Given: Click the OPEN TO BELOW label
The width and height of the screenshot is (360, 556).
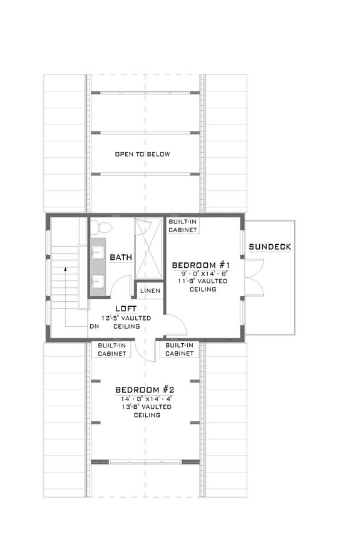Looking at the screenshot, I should pos(142,154).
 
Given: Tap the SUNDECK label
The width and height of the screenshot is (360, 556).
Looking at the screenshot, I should pos(270,247).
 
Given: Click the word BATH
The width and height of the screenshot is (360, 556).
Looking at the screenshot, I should pos(120,257).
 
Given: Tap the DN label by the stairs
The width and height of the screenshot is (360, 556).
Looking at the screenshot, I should pos(95,326).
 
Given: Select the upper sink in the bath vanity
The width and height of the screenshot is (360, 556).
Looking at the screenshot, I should pos(98,252).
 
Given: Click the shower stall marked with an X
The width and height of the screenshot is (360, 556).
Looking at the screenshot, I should pos(149,249).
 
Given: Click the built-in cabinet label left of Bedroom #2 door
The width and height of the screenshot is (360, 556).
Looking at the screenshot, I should pos(113,349).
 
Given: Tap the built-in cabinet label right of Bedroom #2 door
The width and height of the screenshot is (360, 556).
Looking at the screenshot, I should pos(180,349).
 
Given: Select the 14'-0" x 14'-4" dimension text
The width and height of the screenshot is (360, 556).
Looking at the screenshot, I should pos(143,398).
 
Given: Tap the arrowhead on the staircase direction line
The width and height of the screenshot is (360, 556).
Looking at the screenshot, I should pos(66,269).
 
